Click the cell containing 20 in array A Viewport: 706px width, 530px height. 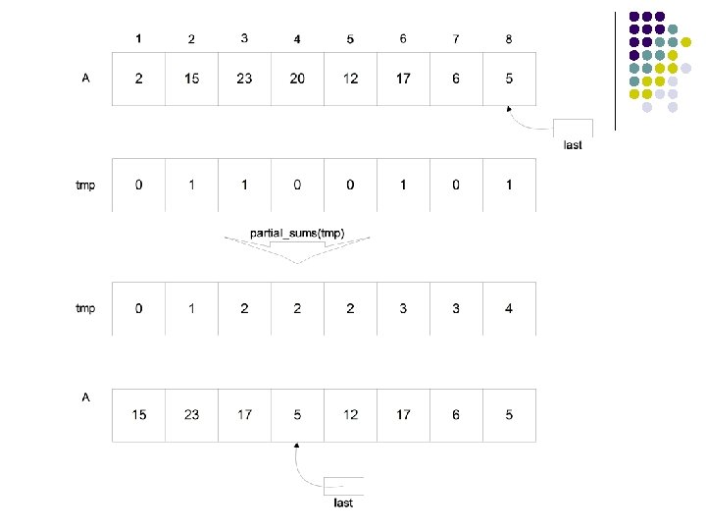(297, 79)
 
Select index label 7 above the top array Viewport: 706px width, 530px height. (456, 39)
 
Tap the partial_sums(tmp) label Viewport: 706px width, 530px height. (297, 233)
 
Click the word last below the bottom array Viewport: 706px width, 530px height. (342, 503)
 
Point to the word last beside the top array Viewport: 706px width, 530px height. (573, 145)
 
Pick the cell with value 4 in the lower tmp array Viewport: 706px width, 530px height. (509, 308)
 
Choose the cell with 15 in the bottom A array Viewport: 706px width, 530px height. (138, 414)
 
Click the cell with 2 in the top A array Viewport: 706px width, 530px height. (138, 79)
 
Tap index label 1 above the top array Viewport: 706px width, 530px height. (139, 39)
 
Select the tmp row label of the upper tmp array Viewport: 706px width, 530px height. (85, 185)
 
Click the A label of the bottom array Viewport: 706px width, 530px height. (86, 397)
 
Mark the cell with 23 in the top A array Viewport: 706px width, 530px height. (244, 79)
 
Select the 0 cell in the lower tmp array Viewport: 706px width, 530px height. (138, 308)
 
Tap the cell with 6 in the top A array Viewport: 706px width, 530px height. (456, 79)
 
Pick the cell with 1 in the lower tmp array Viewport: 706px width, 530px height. (191, 308)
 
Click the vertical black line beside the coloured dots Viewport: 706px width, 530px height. (615, 69)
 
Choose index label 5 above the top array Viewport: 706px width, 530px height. (350, 39)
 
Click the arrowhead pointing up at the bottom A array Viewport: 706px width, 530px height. (297, 447)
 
